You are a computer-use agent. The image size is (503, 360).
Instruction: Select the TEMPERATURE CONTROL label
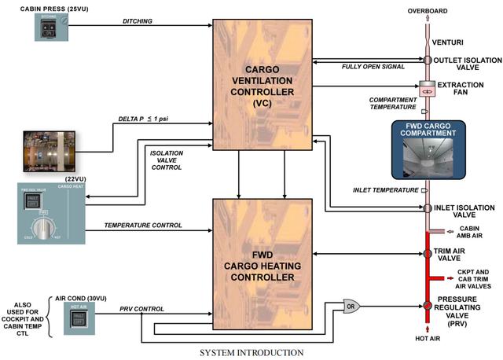tap(143, 225)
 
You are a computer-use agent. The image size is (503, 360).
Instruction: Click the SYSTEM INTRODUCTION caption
tap(251, 352)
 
